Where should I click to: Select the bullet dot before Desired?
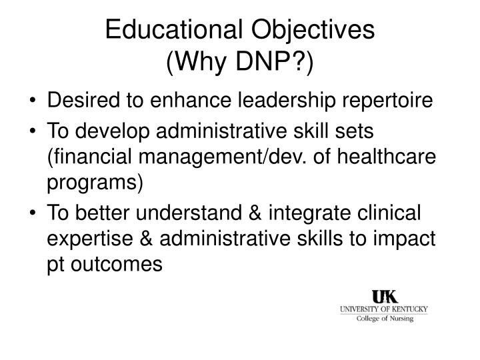(x=34, y=102)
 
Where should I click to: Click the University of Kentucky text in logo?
(x=383, y=309)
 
